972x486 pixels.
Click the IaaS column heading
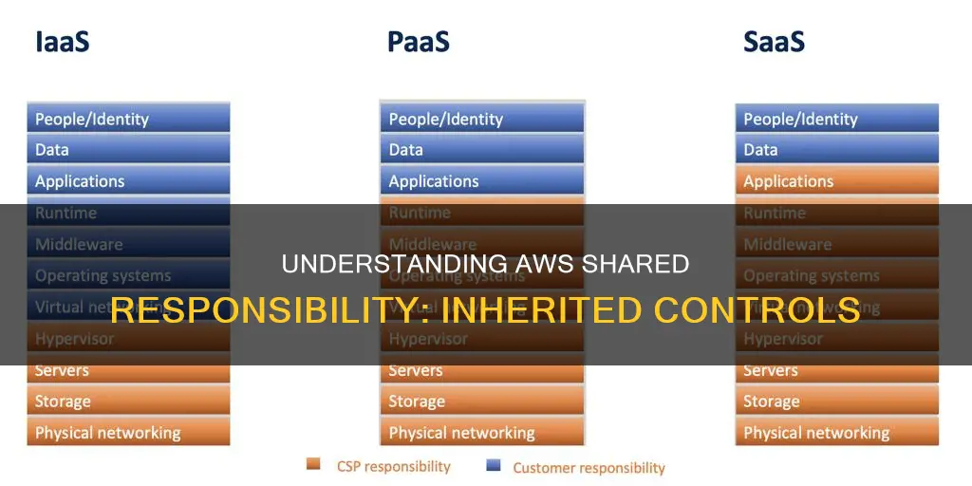point(62,42)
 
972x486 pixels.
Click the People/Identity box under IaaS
point(128,119)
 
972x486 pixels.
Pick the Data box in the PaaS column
point(482,149)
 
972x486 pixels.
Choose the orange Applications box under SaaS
point(836,180)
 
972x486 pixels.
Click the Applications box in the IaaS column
point(128,180)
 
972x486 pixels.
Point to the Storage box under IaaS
point(128,402)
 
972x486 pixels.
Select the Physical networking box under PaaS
point(482,433)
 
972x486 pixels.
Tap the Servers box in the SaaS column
point(836,370)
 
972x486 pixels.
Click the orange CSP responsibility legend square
point(313,465)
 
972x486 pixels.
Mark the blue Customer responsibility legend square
point(493,466)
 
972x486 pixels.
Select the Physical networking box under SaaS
point(836,433)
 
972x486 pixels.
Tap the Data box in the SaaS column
point(836,149)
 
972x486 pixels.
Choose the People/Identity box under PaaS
point(482,119)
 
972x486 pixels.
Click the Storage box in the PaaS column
point(482,402)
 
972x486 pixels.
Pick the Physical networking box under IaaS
point(128,433)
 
